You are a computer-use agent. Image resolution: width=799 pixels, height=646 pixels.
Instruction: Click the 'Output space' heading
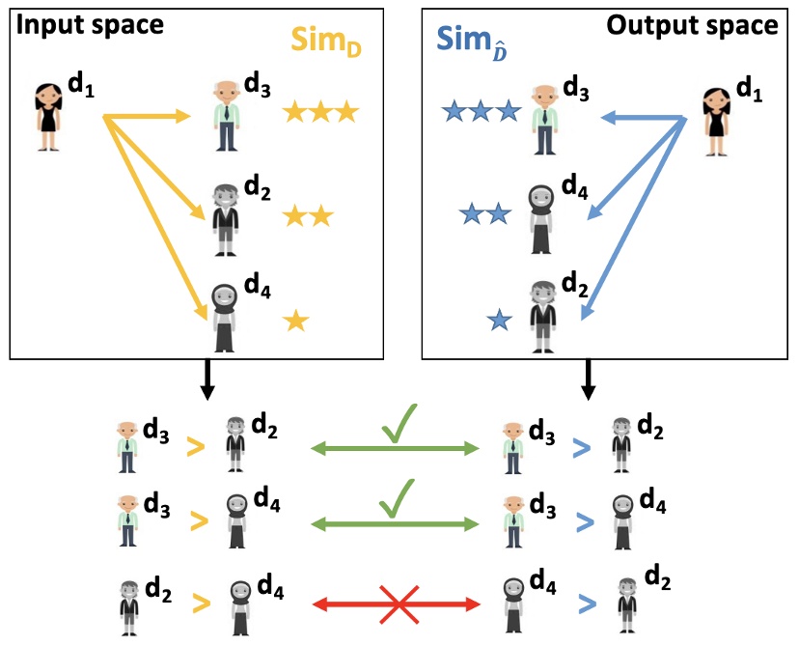click(x=692, y=25)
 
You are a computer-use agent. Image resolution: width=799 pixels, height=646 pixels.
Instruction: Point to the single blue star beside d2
click(x=500, y=319)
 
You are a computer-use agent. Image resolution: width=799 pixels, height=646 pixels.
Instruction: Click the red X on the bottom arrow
click(x=398, y=605)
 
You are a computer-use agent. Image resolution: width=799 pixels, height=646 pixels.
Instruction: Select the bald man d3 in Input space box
click(x=227, y=117)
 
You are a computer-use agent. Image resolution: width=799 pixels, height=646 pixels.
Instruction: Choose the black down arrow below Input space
click(x=205, y=381)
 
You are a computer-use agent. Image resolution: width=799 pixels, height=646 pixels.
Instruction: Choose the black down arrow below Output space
click(x=589, y=381)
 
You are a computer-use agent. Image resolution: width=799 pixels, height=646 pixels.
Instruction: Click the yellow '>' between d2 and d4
click(x=198, y=604)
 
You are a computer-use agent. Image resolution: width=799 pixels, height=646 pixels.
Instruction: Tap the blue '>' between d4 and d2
click(x=582, y=604)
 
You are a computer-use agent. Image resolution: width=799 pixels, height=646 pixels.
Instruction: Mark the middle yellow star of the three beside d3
click(x=319, y=114)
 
